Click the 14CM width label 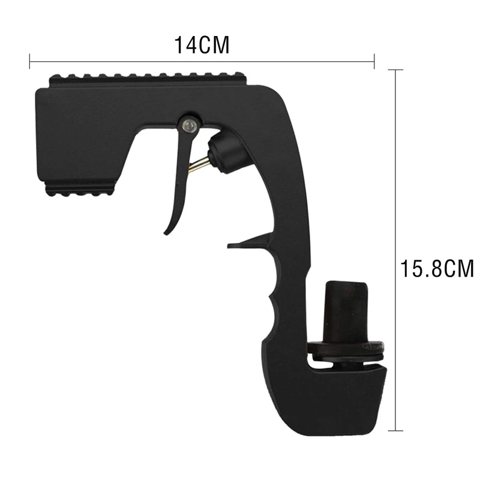pyautogui.click(x=202, y=46)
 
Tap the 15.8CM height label pyautogui.click(x=437, y=268)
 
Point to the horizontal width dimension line pyautogui.click(x=202, y=61)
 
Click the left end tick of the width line pyautogui.click(x=30, y=61)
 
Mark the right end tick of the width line pyautogui.click(x=374, y=61)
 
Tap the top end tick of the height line pyautogui.click(x=395, y=70)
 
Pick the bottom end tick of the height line pyautogui.click(x=395, y=430)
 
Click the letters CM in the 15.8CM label pyautogui.click(x=457, y=268)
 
